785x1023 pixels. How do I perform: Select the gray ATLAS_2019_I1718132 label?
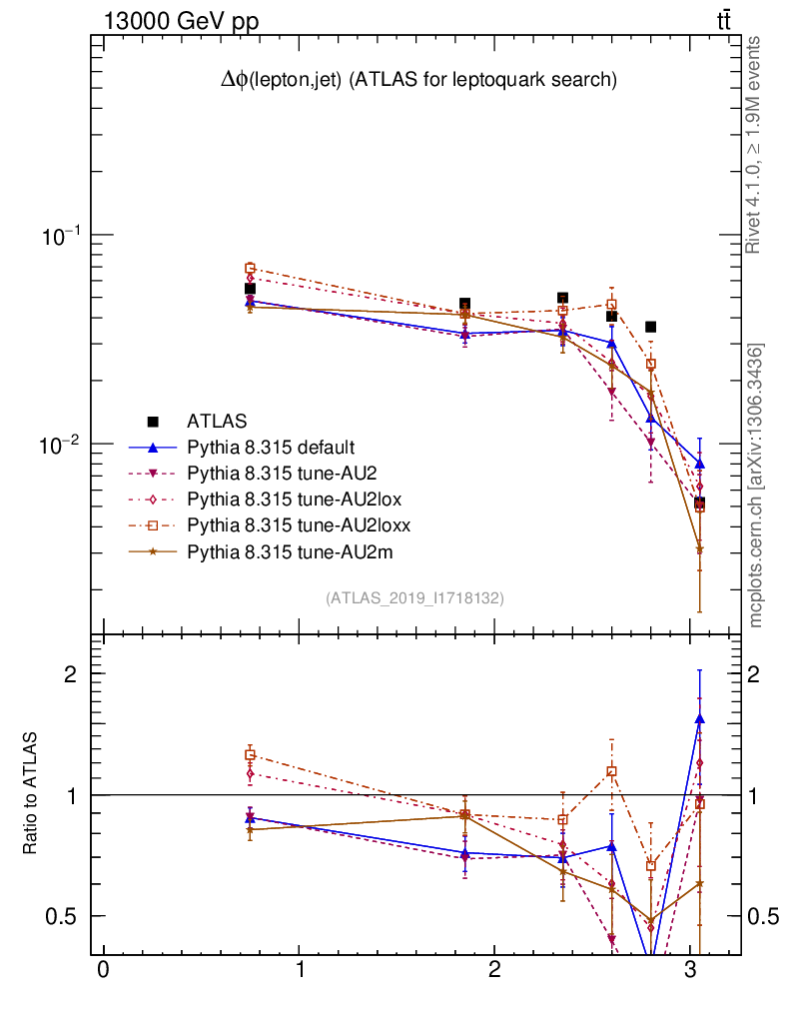414,598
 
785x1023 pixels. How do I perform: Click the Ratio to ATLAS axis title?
30,794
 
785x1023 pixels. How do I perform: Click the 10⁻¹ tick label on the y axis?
62,236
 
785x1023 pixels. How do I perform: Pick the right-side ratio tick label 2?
761,674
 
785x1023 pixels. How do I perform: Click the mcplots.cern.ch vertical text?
756,485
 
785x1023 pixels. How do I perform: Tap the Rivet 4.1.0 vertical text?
756,145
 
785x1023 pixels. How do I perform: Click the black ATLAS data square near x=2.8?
650,327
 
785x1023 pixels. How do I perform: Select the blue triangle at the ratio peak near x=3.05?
699,718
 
